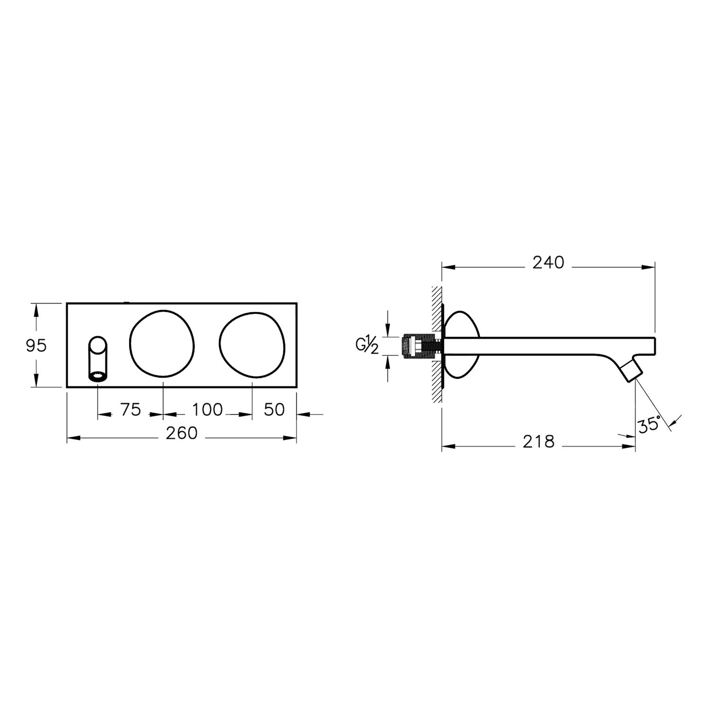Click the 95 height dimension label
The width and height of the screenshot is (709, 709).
(x=36, y=346)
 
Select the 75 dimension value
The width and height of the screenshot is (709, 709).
(x=130, y=409)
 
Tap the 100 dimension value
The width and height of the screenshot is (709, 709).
(x=208, y=409)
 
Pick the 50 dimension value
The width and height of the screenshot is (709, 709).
(x=274, y=409)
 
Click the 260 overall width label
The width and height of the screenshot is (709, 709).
(x=182, y=433)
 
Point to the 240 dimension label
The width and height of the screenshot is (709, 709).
(x=548, y=262)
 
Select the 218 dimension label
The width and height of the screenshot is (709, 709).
(x=538, y=441)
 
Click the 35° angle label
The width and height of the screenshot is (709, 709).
(x=649, y=425)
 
